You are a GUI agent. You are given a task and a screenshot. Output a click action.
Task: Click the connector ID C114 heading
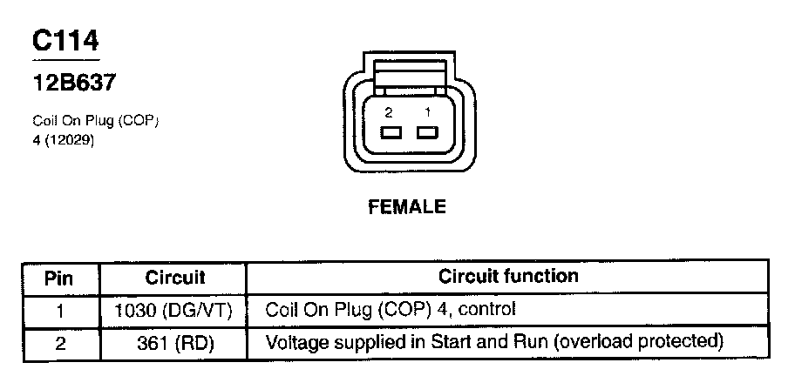point(66,41)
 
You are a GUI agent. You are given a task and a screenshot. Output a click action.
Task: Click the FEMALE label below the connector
point(408,207)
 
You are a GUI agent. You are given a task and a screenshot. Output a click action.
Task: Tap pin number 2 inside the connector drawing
point(389,112)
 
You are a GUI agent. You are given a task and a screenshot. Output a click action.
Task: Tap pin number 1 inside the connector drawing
point(427,112)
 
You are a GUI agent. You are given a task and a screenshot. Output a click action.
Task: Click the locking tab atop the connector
point(409,72)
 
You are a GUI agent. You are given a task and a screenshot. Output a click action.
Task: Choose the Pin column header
point(59,278)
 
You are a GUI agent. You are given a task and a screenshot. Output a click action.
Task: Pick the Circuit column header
point(175,278)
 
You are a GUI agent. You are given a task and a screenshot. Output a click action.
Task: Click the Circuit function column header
point(507,277)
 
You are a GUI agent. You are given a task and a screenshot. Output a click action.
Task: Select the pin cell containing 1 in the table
point(59,309)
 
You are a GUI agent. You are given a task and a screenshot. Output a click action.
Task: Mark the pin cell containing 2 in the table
point(59,342)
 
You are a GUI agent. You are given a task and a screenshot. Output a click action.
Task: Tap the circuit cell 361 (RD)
point(177,342)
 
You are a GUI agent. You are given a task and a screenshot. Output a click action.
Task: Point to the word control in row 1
point(490,309)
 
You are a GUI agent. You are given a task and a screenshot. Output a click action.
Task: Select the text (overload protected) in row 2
point(635,341)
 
